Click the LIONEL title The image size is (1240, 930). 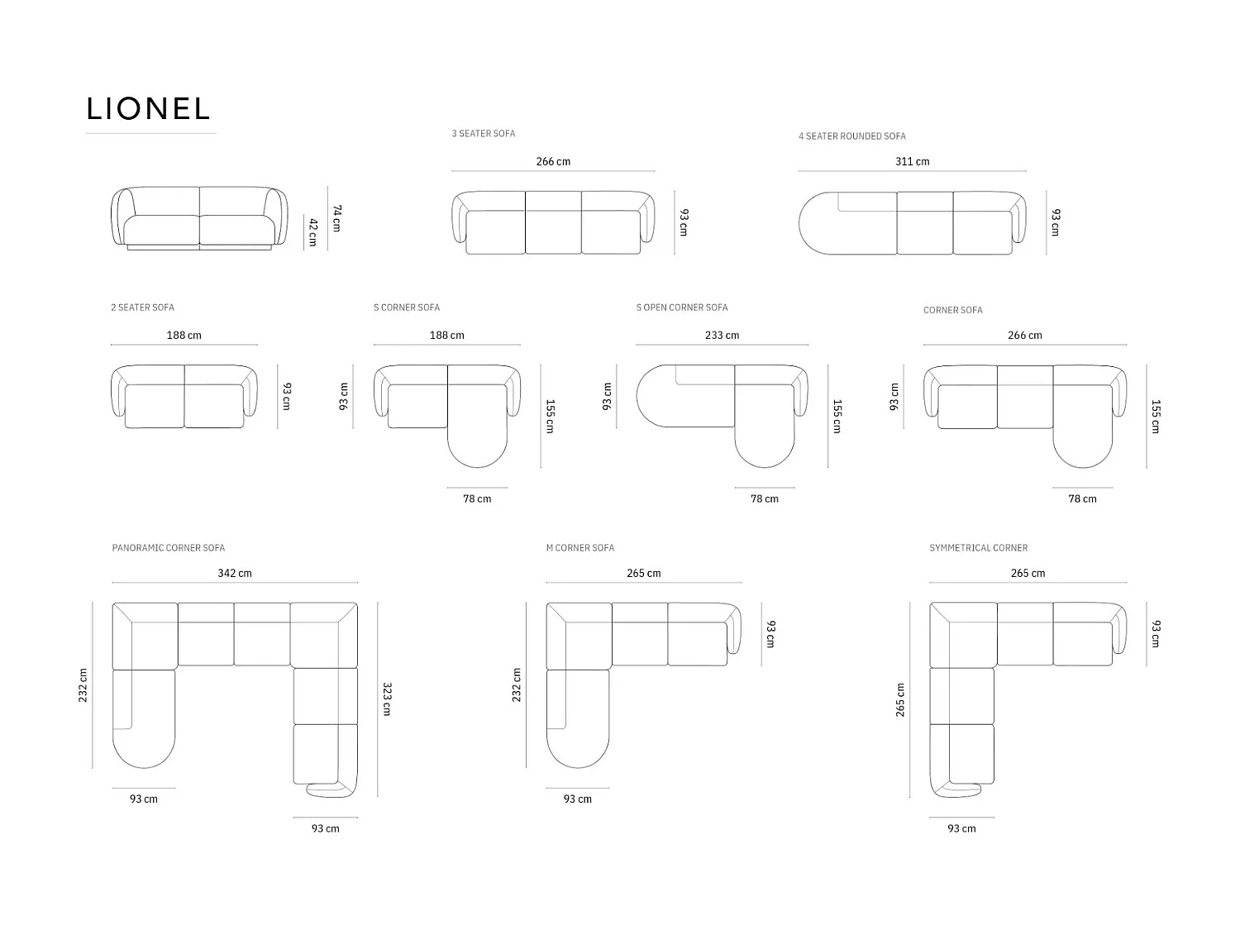[148, 108]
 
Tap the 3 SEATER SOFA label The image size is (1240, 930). [483, 133]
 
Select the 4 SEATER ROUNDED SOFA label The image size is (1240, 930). [852, 136]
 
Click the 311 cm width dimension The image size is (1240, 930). [913, 161]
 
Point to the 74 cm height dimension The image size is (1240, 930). [336, 218]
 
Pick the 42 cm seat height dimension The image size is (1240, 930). [313, 232]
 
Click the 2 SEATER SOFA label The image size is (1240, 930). [142, 308]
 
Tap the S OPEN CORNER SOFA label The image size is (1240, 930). [682, 308]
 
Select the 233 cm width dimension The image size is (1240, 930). [722, 336]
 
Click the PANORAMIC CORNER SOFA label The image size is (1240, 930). [169, 548]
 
